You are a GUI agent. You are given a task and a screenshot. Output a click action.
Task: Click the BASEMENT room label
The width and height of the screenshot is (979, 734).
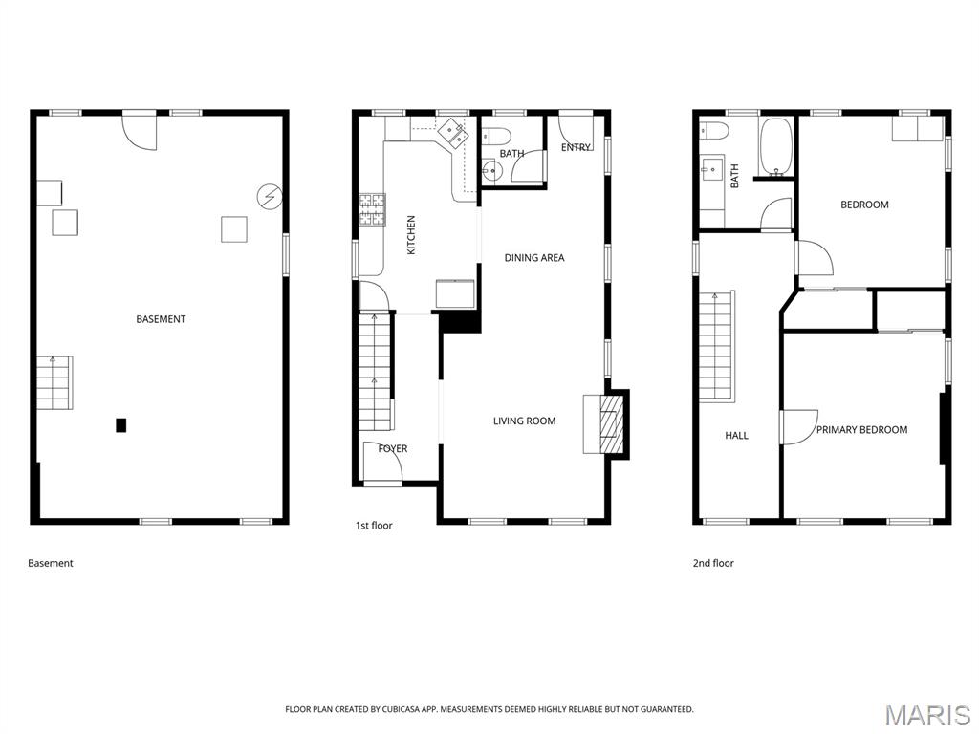(161, 319)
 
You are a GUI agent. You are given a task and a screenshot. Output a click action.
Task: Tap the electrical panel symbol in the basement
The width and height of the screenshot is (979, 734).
(271, 197)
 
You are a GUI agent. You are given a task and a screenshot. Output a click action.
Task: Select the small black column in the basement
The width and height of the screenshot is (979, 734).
(120, 425)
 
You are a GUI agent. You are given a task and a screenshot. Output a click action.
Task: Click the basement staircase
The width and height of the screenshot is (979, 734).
(55, 382)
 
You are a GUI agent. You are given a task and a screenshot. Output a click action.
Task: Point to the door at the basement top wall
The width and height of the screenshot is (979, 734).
(140, 130)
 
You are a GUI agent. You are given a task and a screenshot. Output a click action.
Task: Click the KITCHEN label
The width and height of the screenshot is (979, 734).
(411, 234)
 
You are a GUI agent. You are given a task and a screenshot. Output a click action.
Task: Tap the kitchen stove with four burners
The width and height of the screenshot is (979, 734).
(372, 209)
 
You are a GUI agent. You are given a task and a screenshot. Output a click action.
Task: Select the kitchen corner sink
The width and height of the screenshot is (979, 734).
(452, 133)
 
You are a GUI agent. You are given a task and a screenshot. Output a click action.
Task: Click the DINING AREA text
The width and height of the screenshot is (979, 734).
(534, 258)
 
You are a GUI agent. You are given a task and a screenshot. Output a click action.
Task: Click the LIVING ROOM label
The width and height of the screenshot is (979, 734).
(524, 421)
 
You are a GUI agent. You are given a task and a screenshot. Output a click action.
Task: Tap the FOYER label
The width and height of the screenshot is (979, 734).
(392, 449)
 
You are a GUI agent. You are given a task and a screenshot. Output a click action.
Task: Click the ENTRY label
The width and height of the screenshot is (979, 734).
(576, 148)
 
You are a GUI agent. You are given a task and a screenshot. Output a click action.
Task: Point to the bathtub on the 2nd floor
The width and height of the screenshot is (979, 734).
(775, 148)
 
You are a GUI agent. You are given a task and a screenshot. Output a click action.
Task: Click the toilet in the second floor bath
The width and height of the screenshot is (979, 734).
(714, 130)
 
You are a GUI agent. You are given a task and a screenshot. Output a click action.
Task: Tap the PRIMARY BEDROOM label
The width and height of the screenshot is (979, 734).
(861, 430)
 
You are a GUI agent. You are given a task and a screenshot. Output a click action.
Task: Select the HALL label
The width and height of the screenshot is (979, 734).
(736, 436)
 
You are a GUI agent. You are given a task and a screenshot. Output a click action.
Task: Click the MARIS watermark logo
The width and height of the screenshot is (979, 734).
(927, 715)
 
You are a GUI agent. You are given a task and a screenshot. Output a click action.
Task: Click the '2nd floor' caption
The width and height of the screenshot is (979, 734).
(713, 564)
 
